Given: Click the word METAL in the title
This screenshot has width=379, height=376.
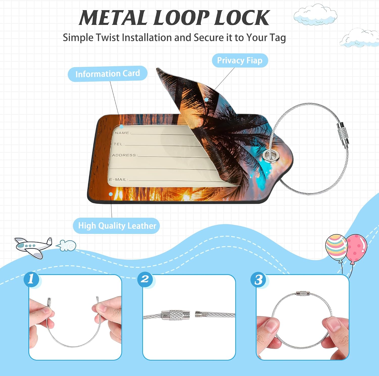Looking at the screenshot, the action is click(x=113, y=18).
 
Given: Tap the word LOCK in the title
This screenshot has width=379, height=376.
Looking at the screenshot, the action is click(x=242, y=18).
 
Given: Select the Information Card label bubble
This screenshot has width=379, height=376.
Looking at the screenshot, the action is click(x=108, y=74).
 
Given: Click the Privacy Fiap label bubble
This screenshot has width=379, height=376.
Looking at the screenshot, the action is click(x=240, y=60).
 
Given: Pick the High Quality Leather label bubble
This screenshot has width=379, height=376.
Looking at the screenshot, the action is click(x=116, y=226).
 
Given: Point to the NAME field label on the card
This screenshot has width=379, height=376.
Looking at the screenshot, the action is click(x=122, y=133).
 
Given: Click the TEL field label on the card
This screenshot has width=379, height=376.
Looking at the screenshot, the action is click(x=118, y=144).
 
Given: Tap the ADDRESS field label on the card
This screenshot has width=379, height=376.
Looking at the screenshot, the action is click(x=124, y=155).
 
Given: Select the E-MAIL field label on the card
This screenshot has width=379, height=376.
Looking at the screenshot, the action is click(x=118, y=179).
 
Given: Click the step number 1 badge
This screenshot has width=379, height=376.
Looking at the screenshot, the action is click(x=31, y=279).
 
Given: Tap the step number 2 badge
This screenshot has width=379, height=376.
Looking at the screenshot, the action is click(x=145, y=279).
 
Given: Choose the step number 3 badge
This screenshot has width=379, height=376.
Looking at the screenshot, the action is click(x=258, y=280).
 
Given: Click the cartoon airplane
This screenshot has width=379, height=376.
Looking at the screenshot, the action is click(x=34, y=247).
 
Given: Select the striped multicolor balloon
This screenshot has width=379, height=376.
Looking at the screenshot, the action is click(x=336, y=246).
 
